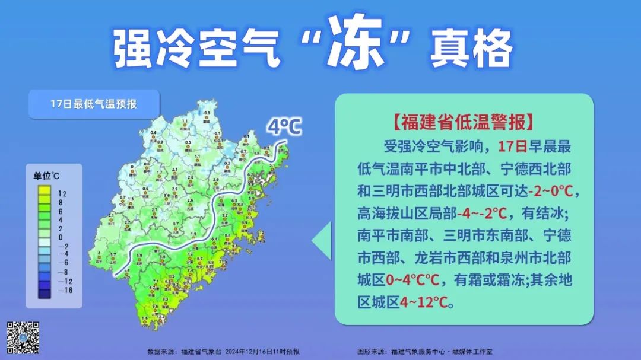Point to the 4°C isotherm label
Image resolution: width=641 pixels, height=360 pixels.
tap(284, 126)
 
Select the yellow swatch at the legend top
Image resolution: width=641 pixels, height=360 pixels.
tap(43, 191)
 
